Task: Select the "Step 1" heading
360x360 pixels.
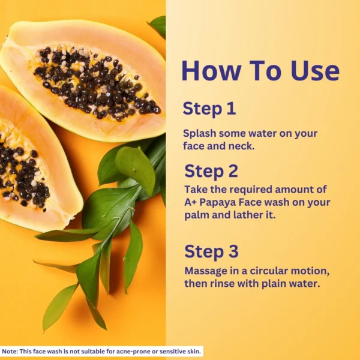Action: [x=209, y=109]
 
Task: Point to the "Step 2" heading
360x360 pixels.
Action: [x=211, y=171]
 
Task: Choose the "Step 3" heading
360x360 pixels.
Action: [x=211, y=251]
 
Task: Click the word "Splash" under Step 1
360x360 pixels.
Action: [x=200, y=134]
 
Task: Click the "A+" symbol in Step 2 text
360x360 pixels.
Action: [x=190, y=202]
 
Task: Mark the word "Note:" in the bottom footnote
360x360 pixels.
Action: [x=10, y=352]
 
